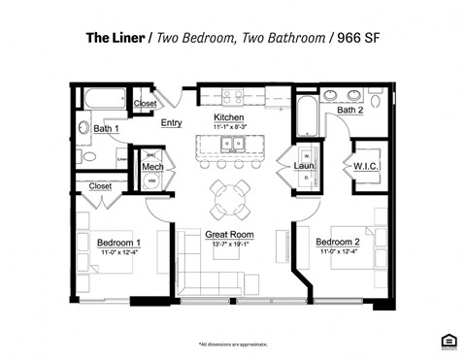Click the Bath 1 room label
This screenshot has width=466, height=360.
click(x=106, y=128)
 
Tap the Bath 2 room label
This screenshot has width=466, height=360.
click(x=350, y=110)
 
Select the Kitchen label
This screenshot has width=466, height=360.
click(x=229, y=117)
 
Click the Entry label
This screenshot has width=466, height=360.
click(x=172, y=122)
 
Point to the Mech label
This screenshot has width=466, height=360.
click(x=152, y=168)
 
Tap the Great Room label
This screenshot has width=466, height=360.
click(x=229, y=235)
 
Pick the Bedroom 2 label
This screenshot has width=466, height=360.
click(x=338, y=242)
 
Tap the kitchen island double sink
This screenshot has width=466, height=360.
click(x=231, y=146)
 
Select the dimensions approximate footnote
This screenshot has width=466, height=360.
click(x=233, y=344)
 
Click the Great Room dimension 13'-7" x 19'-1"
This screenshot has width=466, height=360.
click(x=229, y=245)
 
